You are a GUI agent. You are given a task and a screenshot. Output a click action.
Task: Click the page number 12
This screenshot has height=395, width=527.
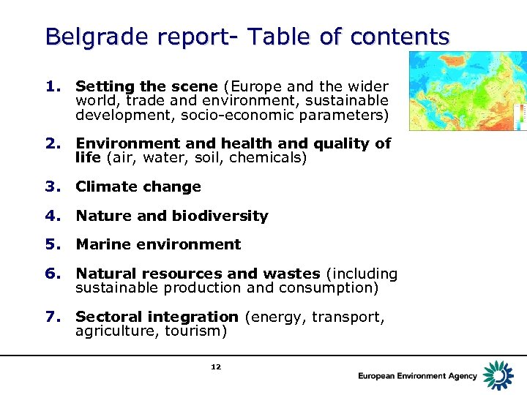[215, 366]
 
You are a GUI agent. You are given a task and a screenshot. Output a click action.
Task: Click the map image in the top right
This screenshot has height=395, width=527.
[468, 91]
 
